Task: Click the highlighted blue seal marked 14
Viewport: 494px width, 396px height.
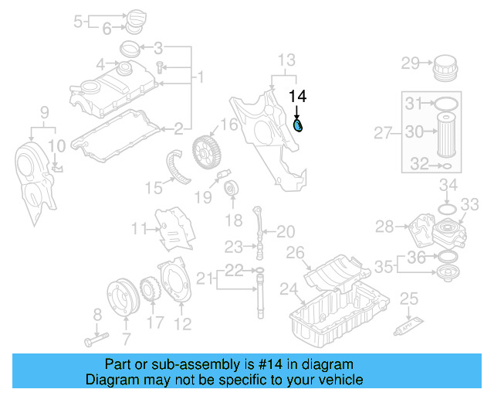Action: point(299,125)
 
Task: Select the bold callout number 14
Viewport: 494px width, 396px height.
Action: point(297,96)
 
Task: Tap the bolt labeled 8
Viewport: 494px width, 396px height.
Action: point(90,339)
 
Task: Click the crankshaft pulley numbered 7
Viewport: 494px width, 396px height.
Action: point(122,297)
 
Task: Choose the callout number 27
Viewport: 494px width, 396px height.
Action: point(384,133)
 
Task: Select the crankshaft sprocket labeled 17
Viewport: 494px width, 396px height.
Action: point(150,292)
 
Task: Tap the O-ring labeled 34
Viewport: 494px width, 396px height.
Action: point(446,208)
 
